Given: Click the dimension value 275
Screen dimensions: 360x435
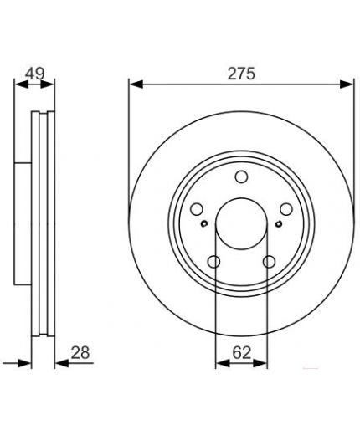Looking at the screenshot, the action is click(x=241, y=74).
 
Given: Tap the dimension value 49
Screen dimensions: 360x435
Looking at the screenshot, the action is click(x=34, y=74).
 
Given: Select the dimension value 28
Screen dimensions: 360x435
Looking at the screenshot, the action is click(x=80, y=352).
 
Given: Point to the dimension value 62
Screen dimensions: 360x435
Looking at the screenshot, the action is click(x=242, y=353).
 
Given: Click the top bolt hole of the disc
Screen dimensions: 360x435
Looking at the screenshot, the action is click(x=241, y=177).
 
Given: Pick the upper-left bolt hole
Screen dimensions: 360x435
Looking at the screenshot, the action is click(x=197, y=209).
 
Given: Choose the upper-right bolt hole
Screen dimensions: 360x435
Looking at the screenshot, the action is click(x=286, y=209).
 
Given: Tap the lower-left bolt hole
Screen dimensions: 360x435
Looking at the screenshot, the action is click(x=214, y=262).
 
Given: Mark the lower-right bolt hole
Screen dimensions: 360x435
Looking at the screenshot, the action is click(x=270, y=262).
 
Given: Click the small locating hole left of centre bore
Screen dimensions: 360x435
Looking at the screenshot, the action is click(x=204, y=223).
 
